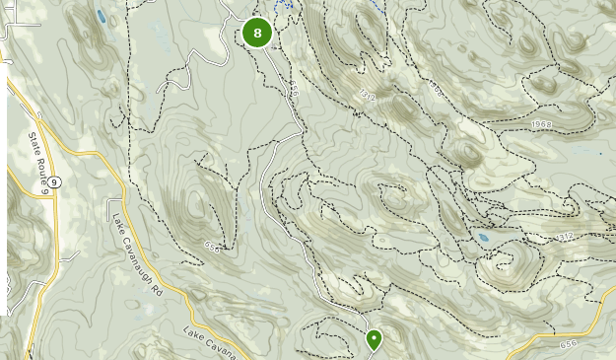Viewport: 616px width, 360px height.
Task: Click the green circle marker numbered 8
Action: (x=257, y=34)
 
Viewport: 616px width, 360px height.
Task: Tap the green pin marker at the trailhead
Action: (x=375, y=339)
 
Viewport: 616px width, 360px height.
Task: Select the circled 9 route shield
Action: (x=56, y=180)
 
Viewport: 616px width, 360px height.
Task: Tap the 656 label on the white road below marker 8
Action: (x=293, y=91)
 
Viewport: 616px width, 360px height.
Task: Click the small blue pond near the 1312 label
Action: (x=483, y=238)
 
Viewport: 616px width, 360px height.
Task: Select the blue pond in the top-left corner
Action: (x=102, y=16)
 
